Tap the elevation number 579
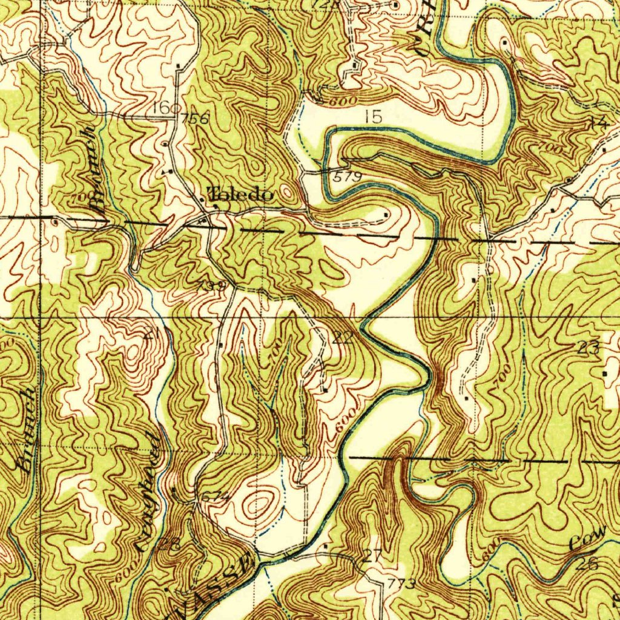click(348, 176)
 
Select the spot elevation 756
click(194, 119)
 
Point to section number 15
click(374, 116)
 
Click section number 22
click(343, 338)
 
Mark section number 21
click(151, 333)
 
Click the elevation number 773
click(402, 584)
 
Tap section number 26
click(587, 563)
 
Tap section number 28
click(170, 543)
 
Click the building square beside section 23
click(606, 374)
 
